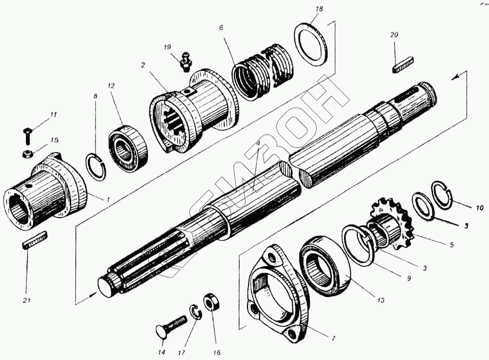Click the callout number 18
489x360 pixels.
coord(319,9)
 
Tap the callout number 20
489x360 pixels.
coord(394,35)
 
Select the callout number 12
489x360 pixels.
coord(112,86)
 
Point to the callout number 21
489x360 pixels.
coord(27,300)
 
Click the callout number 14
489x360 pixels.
coord(162,352)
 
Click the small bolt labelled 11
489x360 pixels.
coord(28,135)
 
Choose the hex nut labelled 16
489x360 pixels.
coord(210,303)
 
